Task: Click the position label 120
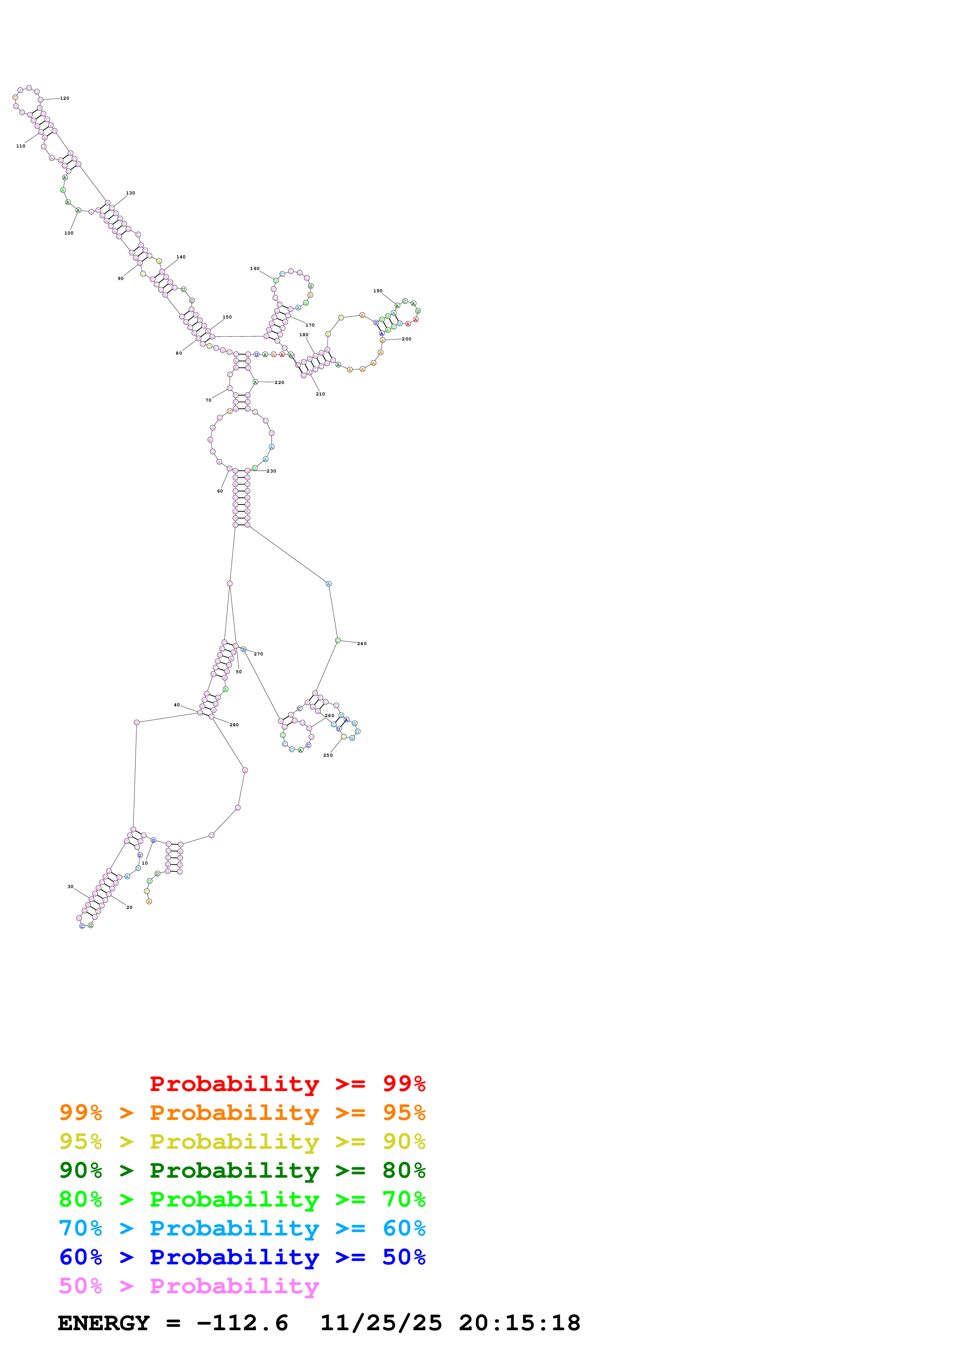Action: (65, 98)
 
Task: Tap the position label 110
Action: (20, 146)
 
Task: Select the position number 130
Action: (130, 193)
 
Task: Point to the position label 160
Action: (254, 268)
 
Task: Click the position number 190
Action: (378, 291)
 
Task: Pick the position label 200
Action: (406, 339)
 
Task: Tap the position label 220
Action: (280, 382)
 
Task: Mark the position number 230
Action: (271, 471)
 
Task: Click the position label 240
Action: (362, 643)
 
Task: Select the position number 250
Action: (328, 755)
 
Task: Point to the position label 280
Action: (234, 724)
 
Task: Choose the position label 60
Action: (220, 491)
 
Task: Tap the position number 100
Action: (69, 233)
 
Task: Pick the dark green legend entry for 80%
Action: (242, 1170)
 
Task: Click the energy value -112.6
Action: (242, 1323)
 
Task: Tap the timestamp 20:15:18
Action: (520, 1323)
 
